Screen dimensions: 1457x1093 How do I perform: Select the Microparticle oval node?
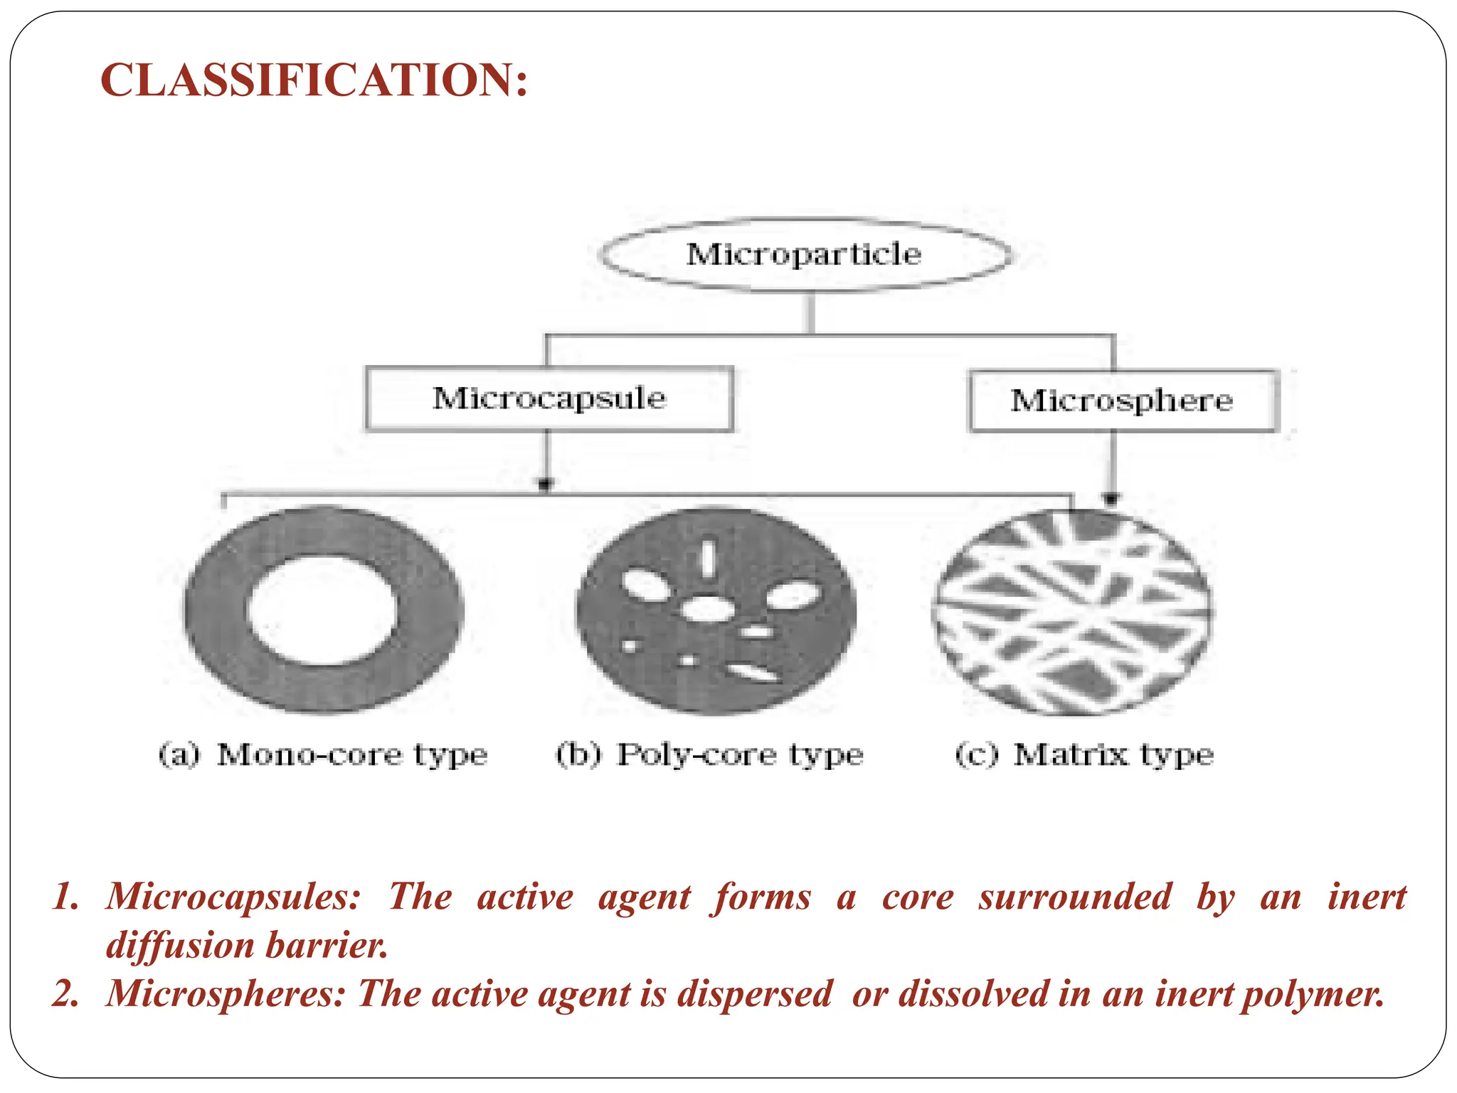click(x=804, y=255)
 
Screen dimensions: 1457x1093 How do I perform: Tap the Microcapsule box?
click(x=549, y=398)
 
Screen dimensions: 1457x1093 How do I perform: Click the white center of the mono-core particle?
click(x=322, y=610)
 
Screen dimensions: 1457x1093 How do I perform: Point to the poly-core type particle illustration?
click(x=716, y=611)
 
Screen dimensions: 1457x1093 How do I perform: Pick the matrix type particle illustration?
click(x=1071, y=612)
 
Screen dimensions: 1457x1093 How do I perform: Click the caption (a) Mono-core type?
click(x=323, y=754)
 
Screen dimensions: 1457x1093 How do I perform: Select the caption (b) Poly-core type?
click(x=709, y=754)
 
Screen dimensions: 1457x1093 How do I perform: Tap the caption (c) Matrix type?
click(x=1084, y=754)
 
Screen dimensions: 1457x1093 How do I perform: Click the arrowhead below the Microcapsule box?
click(x=545, y=485)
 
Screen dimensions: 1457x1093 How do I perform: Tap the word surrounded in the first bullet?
click(x=1074, y=897)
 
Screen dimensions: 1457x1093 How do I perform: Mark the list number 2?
click(x=66, y=994)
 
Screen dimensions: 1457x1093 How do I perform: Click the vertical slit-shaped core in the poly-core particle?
click(x=708, y=558)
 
